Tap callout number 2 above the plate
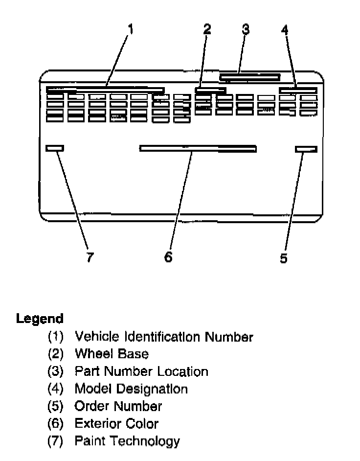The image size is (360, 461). pyautogui.click(x=207, y=29)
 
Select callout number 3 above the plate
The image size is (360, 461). pyautogui.click(x=246, y=29)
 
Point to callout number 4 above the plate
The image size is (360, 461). pyautogui.click(x=285, y=30)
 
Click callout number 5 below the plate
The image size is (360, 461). pyautogui.click(x=284, y=258)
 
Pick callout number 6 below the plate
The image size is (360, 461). pyautogui.click(x=168, y=257)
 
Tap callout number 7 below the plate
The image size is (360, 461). pyautogui.click(x=90, y=257)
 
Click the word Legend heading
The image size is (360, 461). pyautogui.click(x=40, y=319)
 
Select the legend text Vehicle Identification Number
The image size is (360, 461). pyautogui.click(x=163, y=337)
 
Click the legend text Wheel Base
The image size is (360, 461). pyautogui.click(x=112, y=354)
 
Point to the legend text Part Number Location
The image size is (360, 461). pyautogui.click(x=141, y=371)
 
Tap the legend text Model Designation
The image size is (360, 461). pyautogui.click(x=131, y=389)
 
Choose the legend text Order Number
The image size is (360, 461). pyautogui.click(x=118, y=406)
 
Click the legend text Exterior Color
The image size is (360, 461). pyautogui.click(x=116, y=424)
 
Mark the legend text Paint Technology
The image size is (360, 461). pyautogui.click(x=127, y=441)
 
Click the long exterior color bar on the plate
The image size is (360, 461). pyautogui.click(x=198, y=148)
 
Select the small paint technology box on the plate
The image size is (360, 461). pyautogui.click(x=54, y=148)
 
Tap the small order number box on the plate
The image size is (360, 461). pyautogui.click(x=307, y=149)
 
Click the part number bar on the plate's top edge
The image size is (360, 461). pyautogui.click(x=250, y=77)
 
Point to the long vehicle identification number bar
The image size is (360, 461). pyautogui.click(x=105, y=90)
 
